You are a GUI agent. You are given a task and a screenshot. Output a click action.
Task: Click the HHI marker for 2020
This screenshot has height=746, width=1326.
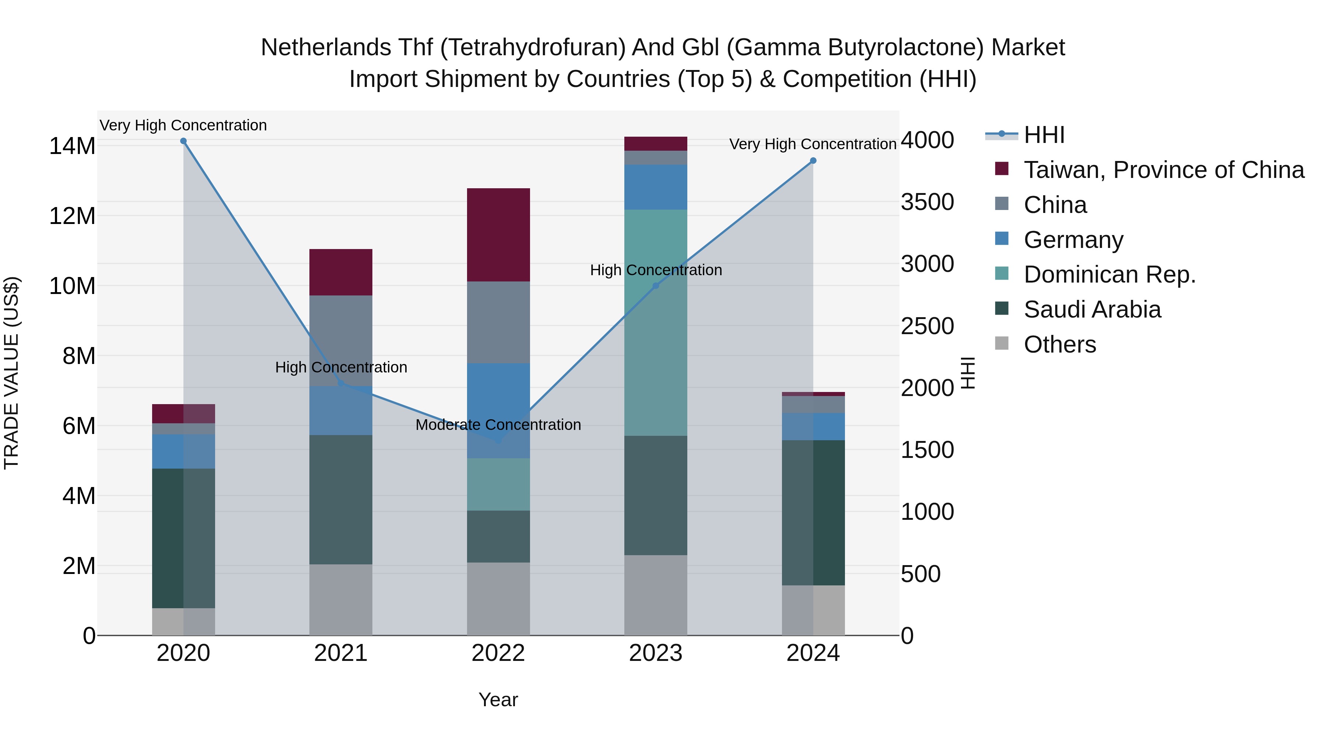[183, 141]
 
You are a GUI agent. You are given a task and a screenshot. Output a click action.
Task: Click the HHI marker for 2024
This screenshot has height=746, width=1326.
[813, 161]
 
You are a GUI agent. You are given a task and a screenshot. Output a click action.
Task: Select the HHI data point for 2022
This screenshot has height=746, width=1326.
[498, 441]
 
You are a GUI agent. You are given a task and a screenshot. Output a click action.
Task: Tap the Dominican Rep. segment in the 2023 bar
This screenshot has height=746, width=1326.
[656, 323]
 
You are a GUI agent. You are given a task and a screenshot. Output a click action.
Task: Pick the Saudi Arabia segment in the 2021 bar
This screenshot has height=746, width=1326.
[341, 500]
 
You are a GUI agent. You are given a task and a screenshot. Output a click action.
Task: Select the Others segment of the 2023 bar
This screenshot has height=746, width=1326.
[656, 595]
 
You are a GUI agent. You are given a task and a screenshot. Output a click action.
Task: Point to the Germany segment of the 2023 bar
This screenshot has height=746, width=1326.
[656, 187]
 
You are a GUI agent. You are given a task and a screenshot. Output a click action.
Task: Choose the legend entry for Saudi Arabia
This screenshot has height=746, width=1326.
[1092, 309]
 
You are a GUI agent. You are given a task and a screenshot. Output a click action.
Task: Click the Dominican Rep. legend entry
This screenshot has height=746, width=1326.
[1109, 274]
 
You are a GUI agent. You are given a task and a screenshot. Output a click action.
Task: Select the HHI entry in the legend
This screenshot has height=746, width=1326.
[1044, 135]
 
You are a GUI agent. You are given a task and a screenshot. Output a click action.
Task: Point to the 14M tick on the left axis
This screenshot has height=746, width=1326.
[72, 146]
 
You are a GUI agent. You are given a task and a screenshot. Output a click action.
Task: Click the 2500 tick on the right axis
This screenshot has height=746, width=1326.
[927, 326]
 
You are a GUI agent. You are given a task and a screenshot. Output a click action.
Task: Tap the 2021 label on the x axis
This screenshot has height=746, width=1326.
[341, 653]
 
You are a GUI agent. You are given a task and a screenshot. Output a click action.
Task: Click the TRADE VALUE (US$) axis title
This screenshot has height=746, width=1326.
[11, 373]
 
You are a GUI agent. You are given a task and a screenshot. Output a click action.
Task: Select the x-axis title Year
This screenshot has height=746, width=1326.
[498, 700]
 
